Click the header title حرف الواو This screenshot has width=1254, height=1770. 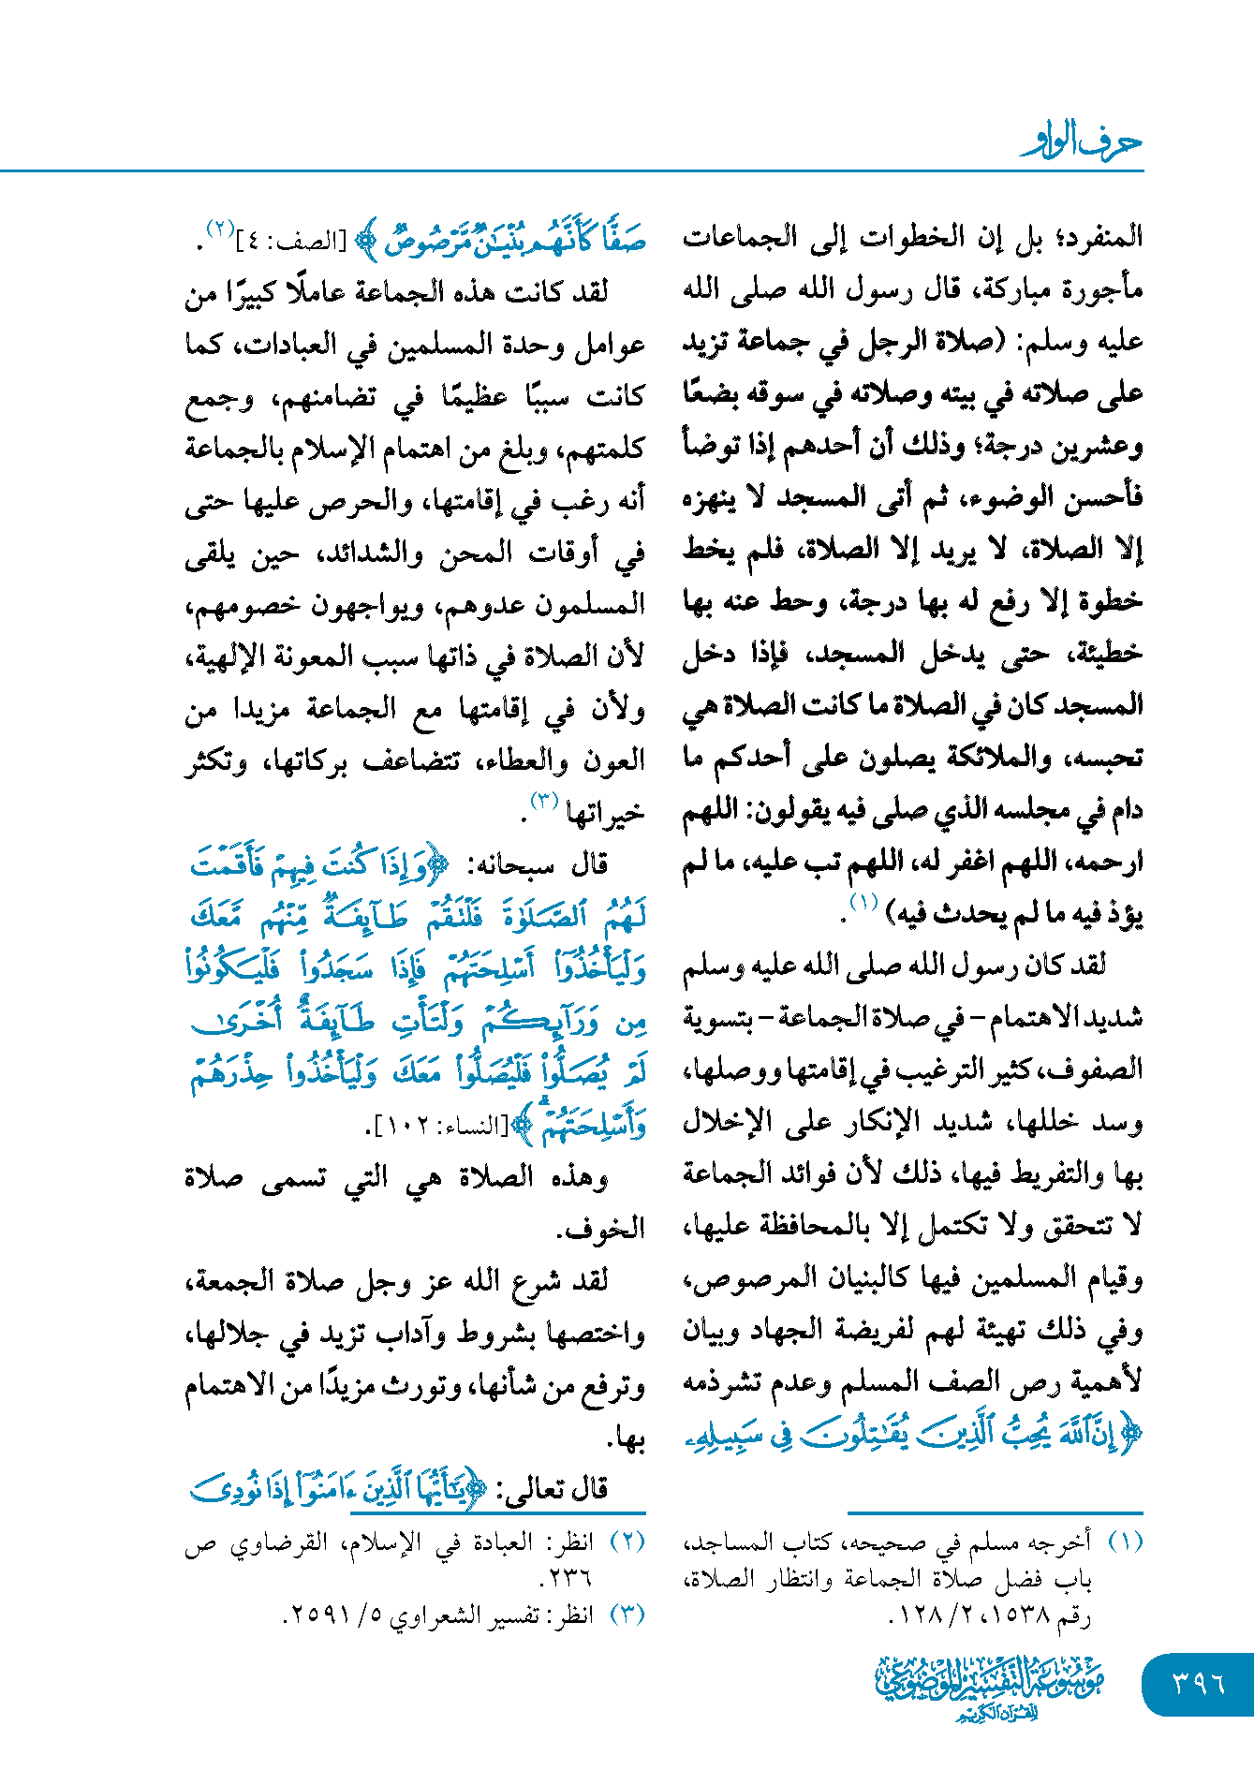[x=1083, y=143]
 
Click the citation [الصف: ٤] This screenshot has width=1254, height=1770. [x=294, y=242]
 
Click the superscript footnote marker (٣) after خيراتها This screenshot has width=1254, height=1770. [x=544, y=802]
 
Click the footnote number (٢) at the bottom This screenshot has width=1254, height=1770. [x=627, y=1541]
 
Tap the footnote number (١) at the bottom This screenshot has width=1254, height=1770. [x=1125, y=1541]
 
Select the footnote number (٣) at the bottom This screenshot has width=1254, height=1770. [x=627, y=1615]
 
